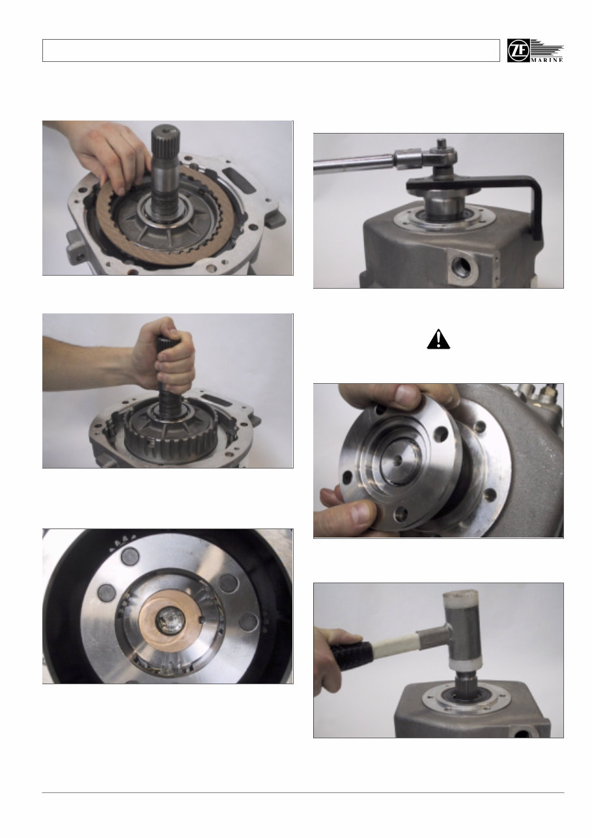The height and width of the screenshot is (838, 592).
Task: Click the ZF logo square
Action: pyautogui.click(x=518, y=51)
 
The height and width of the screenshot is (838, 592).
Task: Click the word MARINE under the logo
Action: pyautogui.click(x=547, y=59)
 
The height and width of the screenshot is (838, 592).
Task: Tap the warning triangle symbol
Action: pyautogui.click(x=440, y=339)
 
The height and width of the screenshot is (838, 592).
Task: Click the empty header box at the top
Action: pyautogui.click(x=270, y=51)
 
